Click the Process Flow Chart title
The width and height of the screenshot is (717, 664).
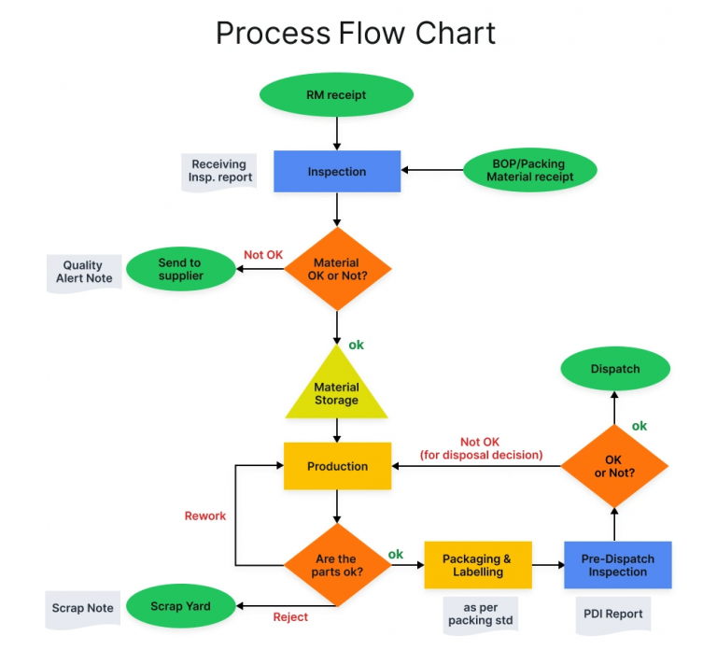pos(356,33)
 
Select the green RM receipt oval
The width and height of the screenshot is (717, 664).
pos(336,95)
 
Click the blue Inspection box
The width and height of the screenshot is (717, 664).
pos(337,172)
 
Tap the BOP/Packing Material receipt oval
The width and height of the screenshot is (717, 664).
pos(529,170)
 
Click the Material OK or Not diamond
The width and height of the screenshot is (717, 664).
pos(336,269)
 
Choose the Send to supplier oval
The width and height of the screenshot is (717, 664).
pos(180,269)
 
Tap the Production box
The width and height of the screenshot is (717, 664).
pos(337,466)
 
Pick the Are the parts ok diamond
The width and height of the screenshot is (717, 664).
pos(336,565)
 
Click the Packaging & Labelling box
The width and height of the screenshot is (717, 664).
pos(478,565)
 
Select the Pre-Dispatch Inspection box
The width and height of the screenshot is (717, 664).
pos(617,565)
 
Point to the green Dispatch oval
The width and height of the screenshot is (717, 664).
pos(615,369)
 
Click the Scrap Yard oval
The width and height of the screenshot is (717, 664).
pos(180,606)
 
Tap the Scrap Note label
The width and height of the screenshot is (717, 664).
pos(83,608)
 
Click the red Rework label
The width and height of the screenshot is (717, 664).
pos(205,516)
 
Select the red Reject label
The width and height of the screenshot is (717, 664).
pos(290,617)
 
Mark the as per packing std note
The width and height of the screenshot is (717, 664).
pos(478,614)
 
